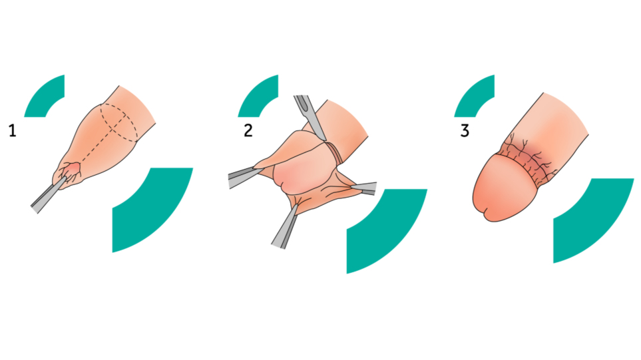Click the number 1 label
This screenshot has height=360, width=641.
(x=13, y=131)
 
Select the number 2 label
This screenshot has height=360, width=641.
(x=248, y=131)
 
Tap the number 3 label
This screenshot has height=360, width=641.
(x=465, y=131)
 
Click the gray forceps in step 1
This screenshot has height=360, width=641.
(x=47, y=196)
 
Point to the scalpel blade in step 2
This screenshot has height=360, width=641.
(x=310, y=117)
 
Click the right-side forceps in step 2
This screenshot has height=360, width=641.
(x=364, y=188)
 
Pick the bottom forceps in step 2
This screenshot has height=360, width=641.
(x=285, y=227)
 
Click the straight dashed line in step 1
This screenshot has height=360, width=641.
(x=98, y=143)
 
